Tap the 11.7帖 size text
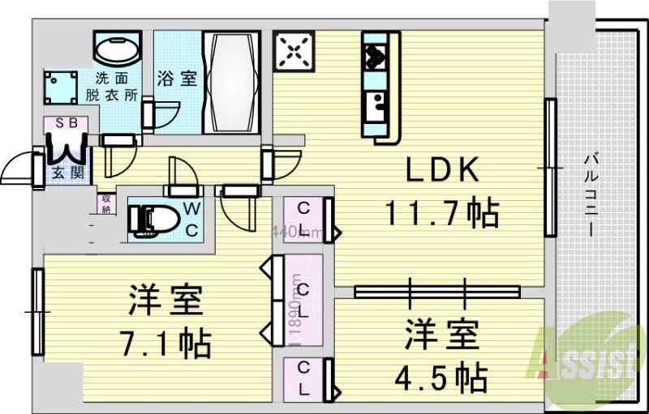441,213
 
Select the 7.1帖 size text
168,342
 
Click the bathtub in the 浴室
230,83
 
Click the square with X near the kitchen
293,53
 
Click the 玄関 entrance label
64,172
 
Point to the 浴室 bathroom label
177,79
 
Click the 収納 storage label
106,203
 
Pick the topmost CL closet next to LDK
303,217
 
